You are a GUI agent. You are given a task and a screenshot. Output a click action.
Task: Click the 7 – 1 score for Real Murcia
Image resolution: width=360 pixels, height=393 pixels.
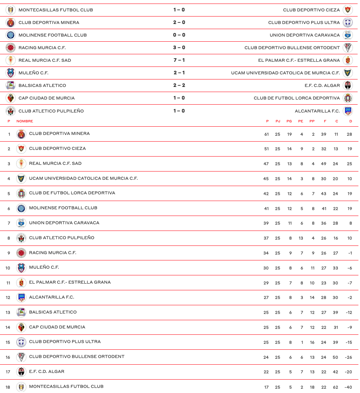(x=179, y=60)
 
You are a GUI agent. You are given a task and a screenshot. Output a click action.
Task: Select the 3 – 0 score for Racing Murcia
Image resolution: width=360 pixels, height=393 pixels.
(x=179, y=48)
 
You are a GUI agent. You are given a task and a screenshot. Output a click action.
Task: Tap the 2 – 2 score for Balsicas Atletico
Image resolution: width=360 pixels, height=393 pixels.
(x=179, y=85)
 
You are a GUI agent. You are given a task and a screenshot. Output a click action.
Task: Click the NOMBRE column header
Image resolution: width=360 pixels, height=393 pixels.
(x=25, y=121)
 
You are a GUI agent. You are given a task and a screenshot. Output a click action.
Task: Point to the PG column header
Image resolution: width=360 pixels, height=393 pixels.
(x=289, y=121)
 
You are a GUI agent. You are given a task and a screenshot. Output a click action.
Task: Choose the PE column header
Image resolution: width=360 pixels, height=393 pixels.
(x=301, y=121)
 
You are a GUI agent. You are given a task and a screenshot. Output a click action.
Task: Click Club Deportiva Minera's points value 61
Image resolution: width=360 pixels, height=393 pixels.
(x=266, y=134)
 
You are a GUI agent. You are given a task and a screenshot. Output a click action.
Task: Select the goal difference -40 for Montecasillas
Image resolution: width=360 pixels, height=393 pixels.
(x=348, y=387)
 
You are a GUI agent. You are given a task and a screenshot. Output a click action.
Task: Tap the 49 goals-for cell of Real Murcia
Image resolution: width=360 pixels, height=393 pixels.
(x=324, y=164)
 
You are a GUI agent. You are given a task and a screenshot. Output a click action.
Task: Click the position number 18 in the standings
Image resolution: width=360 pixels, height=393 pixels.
(x=8, y=387)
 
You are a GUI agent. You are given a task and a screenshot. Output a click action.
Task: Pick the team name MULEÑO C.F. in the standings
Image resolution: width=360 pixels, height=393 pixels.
(x=44, y=268)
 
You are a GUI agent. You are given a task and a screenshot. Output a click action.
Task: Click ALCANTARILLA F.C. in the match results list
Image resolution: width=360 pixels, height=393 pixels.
(x=317, y=111)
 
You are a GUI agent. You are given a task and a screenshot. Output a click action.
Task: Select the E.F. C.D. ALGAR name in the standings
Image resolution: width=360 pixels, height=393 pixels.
(x=47, y=371)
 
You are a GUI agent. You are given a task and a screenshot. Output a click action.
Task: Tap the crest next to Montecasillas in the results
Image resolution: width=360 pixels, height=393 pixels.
(x=11, y=10)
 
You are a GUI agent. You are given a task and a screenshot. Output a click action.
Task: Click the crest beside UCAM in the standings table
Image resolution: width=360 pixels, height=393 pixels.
(x=21, y=179)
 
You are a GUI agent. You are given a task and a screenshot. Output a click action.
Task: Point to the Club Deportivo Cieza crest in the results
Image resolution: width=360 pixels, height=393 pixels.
(x=347, y=10)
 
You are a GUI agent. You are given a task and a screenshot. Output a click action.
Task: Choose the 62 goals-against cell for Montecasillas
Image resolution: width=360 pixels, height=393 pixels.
(x=336, y=387)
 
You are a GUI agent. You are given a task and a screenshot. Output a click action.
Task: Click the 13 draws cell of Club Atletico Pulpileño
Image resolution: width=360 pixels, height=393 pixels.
(x=301, y=238)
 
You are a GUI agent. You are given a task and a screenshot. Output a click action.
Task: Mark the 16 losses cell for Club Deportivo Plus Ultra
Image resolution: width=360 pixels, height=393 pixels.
(x=312, y=342)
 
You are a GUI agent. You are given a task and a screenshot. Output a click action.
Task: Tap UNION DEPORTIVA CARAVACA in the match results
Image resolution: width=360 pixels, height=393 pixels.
(x=304, y=35)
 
